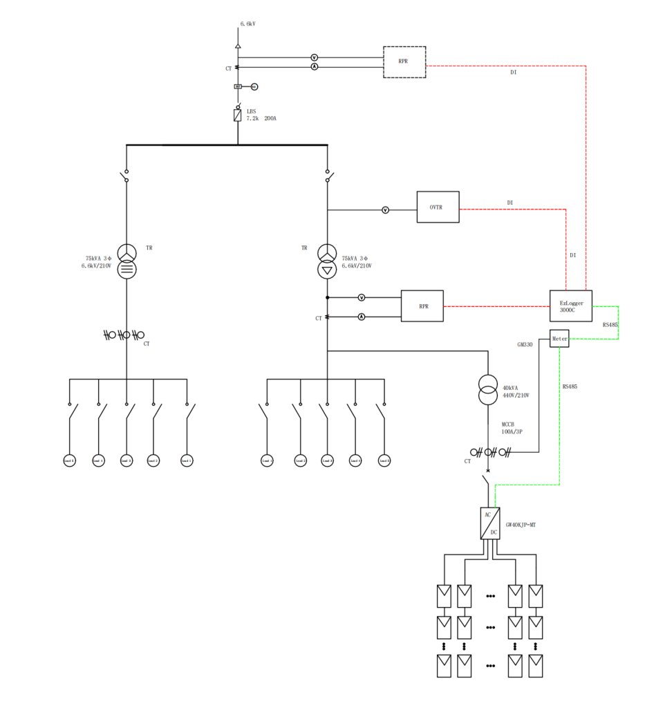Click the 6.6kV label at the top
tap(248, 24)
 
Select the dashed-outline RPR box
tap(404, 62)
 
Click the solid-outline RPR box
tap(422, 306)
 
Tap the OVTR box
tap(438, 207)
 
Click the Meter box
tap(559, 339)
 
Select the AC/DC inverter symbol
tap(489, 523)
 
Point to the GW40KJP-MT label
tap(521, 525)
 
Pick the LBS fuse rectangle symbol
tap(237, 115)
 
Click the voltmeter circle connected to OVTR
tap(386, 209)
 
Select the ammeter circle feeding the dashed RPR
tap(314, 67)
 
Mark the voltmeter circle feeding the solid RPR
tap(362, 297)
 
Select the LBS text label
tap(252, 111)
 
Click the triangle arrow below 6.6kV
tap(237, 46)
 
